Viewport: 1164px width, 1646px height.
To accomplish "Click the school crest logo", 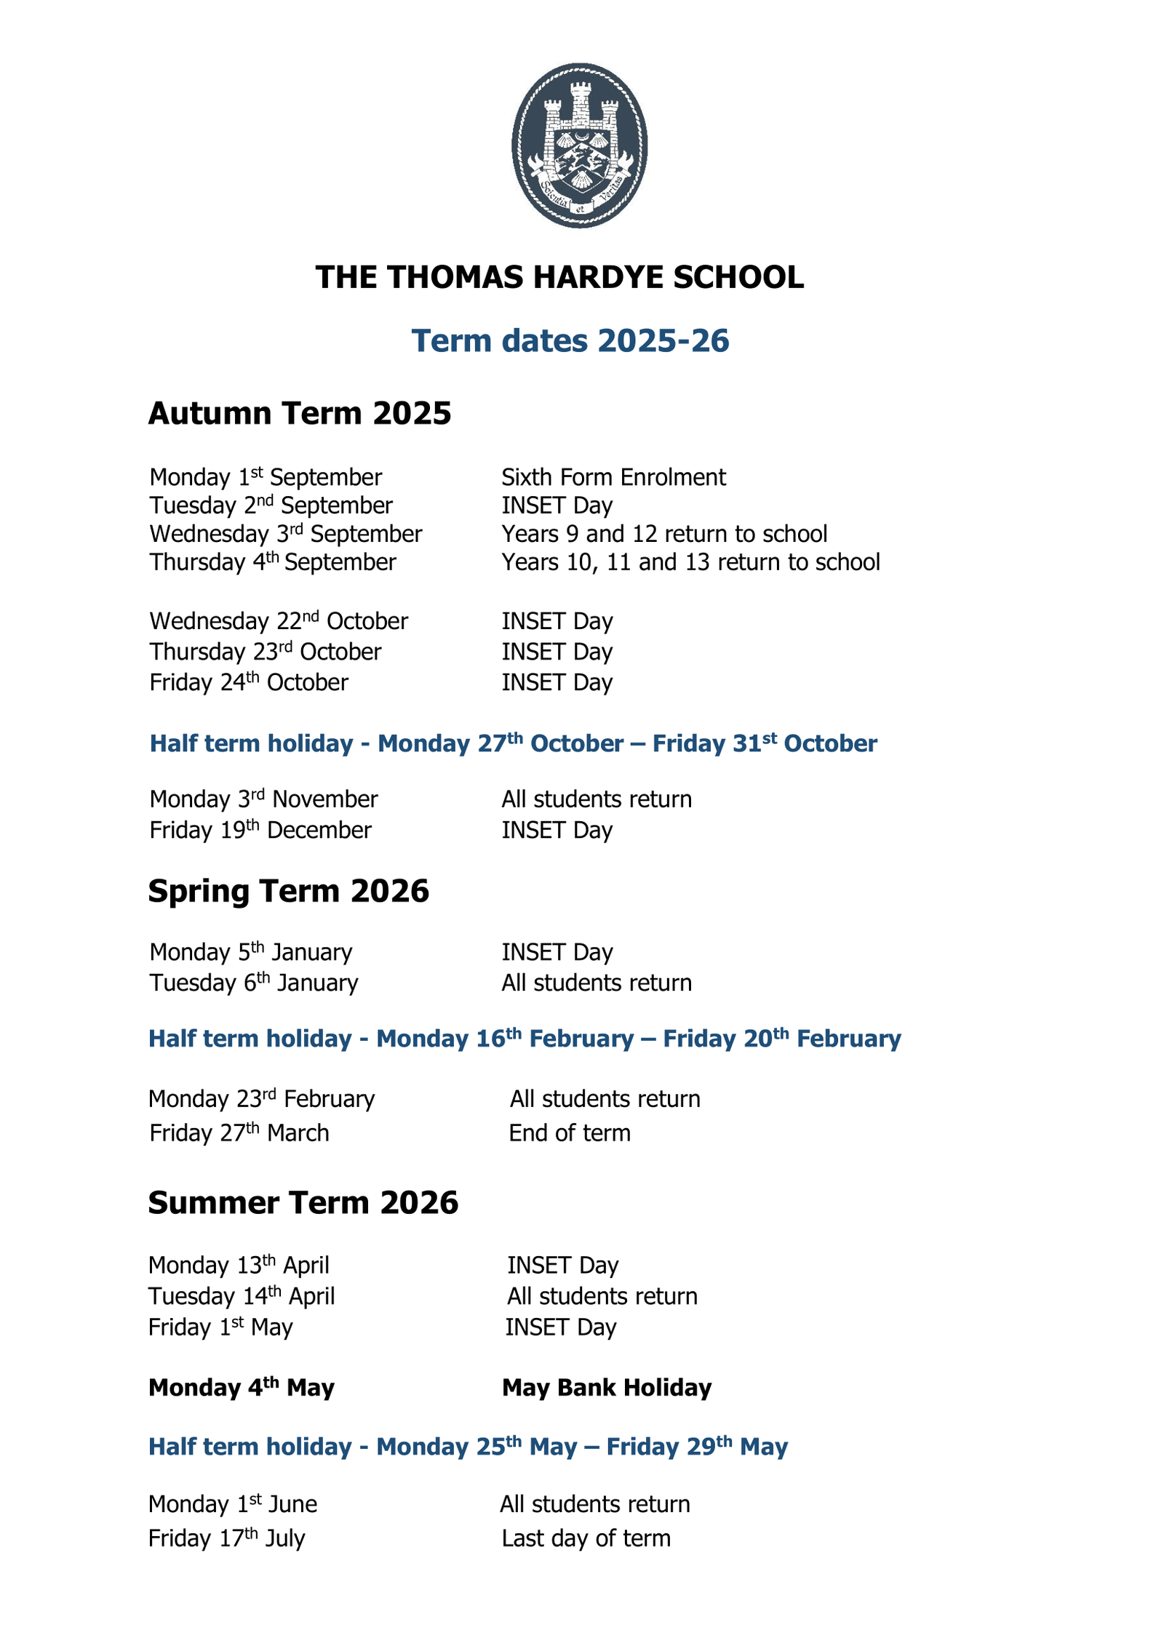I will [579, 145].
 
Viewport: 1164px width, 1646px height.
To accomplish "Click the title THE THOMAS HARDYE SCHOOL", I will [559, 277].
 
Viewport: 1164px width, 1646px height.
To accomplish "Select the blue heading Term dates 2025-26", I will [570, 340].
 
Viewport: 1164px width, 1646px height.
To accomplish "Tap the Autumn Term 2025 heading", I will [300, 413].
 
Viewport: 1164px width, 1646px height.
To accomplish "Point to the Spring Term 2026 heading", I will [289, 891].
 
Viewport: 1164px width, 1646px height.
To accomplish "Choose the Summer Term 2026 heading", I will [303, 1203].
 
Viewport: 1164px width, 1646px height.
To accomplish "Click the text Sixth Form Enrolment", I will [613, 477].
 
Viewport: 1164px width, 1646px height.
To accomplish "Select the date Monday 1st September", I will [266, 477].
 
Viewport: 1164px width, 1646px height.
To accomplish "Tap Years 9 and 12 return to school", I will [664, 534].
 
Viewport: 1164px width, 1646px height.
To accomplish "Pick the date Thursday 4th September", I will [273, 562].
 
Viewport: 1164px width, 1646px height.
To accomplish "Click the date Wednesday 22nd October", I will [279, 621].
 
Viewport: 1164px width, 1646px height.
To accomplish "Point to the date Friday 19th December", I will [260, 830].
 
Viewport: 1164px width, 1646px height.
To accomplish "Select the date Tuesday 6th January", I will [254, 983].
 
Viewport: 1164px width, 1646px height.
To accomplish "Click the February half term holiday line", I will [525, 1039].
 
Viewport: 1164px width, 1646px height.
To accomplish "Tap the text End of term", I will [570, 1133].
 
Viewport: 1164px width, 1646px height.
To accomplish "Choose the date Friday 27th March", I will [239, 1133].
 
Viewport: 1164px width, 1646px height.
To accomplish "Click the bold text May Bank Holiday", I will [607, 1388].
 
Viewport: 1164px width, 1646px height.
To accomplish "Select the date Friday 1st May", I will [220, 1327].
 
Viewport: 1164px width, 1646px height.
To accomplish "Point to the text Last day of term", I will [586, 1538].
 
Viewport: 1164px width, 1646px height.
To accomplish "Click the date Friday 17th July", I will [227, 1538].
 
